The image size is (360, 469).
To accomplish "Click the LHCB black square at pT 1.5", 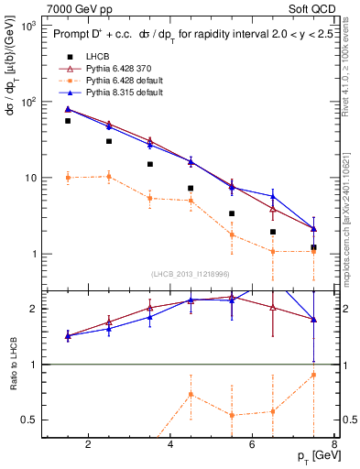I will pyautogui.click(x=68, y=121).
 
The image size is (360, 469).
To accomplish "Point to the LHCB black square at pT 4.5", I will pyautogui.click(x=191, y=189).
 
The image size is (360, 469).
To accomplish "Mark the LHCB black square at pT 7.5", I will pyautogui.click(x=313, y=247).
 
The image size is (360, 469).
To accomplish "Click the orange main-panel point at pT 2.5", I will pyautogui.click(x=109, y=177).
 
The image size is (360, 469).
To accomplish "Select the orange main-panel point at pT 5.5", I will pyautogui.click(x=232, y=234).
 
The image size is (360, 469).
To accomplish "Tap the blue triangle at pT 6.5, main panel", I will pyautogui.click(x=272, y=196).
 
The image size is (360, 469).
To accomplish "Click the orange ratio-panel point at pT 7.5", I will pyautogui.click(x=313, y=375).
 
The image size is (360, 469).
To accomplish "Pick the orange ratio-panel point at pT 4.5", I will pyautogui.click(x=191, y=394).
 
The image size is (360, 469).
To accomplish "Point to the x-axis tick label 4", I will pyautogui.click(x=171, y=444).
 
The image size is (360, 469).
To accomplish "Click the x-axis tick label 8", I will pyautogui.click(x=334, y=444).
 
